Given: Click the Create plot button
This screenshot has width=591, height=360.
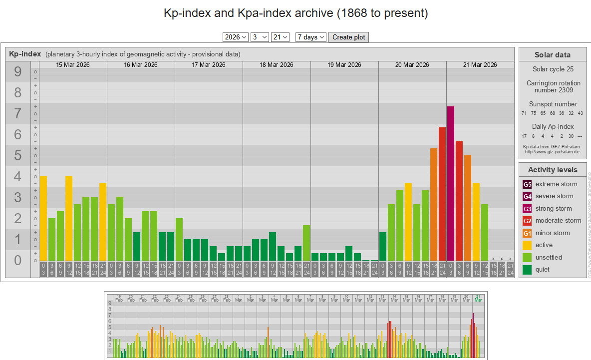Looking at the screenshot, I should pos(348,37).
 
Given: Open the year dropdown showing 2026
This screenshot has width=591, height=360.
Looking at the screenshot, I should pos(236,37).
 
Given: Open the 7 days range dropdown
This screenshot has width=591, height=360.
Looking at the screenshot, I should pos(311,37).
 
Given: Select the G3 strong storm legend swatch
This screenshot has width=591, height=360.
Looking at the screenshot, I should pos(527,209).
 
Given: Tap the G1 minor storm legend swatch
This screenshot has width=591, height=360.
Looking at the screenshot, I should pos(527,233).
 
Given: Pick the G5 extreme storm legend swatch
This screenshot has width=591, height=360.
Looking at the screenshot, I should pos(527,184).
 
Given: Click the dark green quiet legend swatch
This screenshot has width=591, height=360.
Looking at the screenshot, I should pos(527,270).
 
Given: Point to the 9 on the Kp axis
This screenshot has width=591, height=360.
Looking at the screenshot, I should pos(18,72).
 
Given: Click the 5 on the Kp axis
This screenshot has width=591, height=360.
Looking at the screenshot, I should pos(18,156).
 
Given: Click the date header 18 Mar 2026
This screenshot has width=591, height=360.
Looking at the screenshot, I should pos(277,65).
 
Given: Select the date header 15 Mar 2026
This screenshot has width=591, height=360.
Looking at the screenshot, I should pos(73,65).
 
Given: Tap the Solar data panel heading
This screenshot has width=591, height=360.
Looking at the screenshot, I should pos(552,55).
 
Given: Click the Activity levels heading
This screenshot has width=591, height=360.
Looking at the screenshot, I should pos(552,170).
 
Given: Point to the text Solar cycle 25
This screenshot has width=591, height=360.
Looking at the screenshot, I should pos(553,69).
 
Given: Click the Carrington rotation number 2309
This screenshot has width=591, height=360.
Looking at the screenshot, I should pos(553,86).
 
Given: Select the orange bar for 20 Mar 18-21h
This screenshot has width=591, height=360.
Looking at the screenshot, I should pos(434,204).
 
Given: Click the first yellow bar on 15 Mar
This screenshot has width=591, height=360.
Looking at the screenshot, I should pos(43,218).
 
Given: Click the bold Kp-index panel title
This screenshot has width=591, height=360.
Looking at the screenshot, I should pos(25,54).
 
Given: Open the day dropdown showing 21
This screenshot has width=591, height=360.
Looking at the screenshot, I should pos(280,37).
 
